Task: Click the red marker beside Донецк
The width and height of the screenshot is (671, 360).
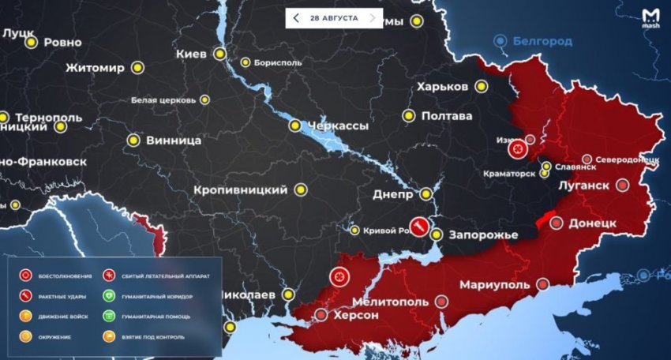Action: pos(557,223)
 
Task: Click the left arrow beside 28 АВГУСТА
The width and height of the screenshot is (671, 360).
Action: pos(296,17)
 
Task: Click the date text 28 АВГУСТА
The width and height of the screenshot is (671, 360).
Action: pos(335,17)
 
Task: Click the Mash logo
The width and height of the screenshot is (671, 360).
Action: pos(650,18)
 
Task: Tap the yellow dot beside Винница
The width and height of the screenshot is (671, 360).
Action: pos(133,141)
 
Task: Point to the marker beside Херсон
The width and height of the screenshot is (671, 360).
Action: pos(321,315)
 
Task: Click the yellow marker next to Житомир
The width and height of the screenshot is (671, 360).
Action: pos(138,67)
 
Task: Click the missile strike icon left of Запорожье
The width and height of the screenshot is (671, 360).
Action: pos(419,226)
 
